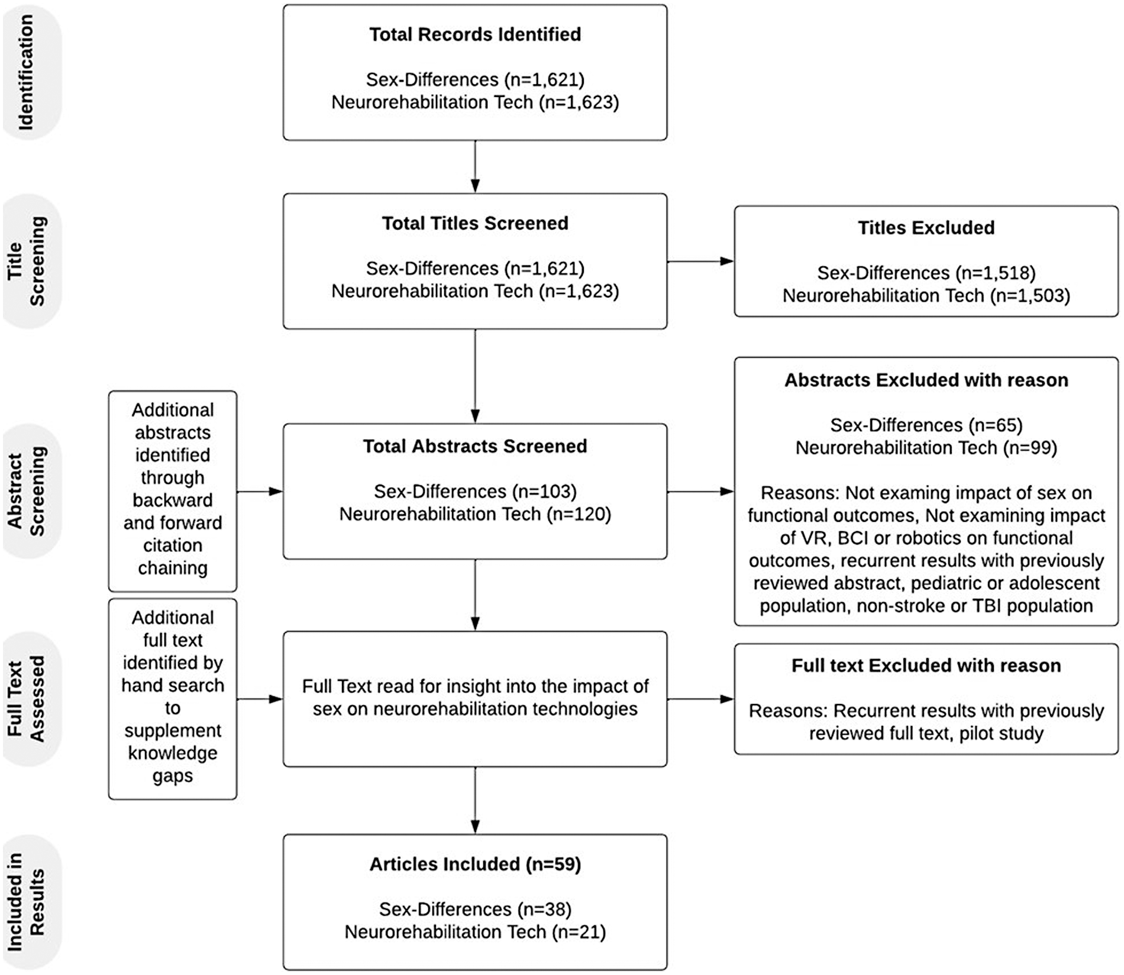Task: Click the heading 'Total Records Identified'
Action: tap(475, 34)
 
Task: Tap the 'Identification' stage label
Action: tap(27, 72)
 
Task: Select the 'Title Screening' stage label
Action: tap(27, 261)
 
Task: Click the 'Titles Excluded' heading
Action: tap(926, 228)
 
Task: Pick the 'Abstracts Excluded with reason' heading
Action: tap(926, 380)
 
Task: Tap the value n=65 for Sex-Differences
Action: tap(996, 425)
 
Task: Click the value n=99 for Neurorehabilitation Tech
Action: tap(1030, 448)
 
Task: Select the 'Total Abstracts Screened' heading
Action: tap(475, 446)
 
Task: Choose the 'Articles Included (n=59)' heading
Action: tap(475, 864)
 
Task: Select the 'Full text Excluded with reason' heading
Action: tap(926, 666)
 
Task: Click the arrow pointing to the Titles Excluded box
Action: tap(701, 261)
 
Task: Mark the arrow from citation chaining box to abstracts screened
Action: tap(260, 492)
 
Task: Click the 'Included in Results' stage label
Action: tap(27, 902)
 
